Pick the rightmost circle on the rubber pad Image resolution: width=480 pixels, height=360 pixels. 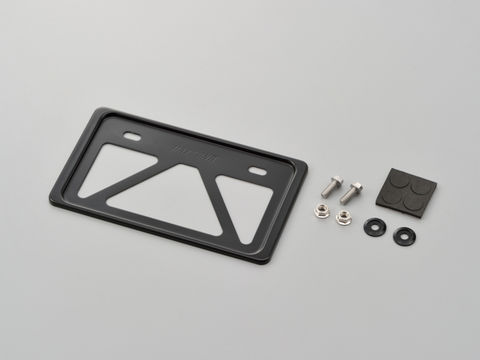(x=424, y=190)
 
